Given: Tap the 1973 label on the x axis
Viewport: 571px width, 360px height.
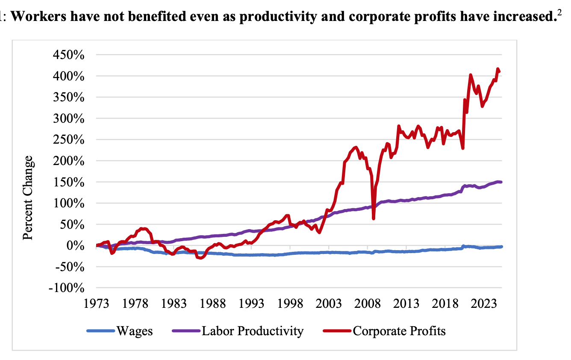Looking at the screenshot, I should pyautogui.click(x=97, y=304).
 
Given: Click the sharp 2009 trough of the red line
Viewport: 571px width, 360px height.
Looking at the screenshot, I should pyautogui.click(x=374, y=218).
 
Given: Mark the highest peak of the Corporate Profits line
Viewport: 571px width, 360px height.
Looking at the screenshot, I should pyautogui.click(x=497, y=69).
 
